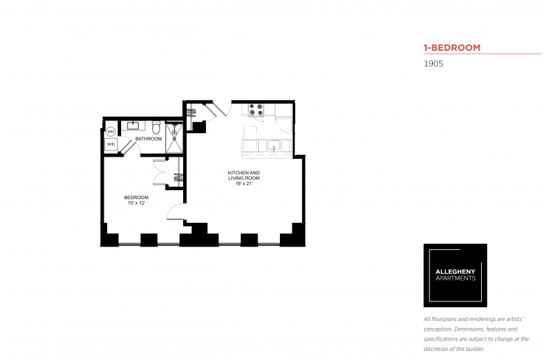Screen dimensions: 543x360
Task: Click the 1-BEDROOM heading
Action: coord(452,47)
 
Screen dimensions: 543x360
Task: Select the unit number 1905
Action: coord(433,64)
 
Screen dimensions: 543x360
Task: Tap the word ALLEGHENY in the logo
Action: coord(455,272)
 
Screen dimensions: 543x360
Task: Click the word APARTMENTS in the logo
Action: coord(455,279)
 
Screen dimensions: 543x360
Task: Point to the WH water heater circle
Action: coord(111,132)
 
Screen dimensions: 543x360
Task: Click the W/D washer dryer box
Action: coord(111,144)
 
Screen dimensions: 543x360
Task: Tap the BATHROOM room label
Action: coord(148,139)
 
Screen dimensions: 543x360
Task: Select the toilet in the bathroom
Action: coord(156,127)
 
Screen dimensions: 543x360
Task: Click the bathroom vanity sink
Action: coord(133,125)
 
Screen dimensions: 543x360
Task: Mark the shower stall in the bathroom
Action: coord(174,138)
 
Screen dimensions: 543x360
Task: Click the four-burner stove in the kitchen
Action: coord(256,109)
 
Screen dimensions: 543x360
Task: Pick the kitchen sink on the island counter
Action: coord(274,146)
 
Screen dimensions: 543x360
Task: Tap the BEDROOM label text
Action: coord(136,198)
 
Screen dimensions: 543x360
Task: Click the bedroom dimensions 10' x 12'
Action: coord(136,203)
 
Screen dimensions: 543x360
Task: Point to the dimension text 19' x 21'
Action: coord(244,184)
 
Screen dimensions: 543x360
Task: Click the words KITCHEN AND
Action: coord(244,173)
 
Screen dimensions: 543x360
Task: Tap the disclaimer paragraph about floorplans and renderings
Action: coord(475,334)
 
